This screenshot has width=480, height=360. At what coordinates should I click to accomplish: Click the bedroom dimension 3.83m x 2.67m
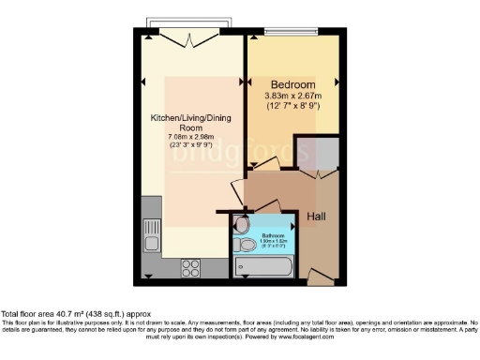(x=293, y=95)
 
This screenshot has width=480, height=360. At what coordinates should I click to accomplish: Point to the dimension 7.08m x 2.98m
(x=191, y=137)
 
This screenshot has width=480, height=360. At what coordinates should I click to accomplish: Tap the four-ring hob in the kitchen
(x=191, y=264)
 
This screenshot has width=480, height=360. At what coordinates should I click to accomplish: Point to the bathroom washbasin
(x=241, y=225)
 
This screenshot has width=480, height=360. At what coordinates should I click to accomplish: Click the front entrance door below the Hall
(x=320, y=278)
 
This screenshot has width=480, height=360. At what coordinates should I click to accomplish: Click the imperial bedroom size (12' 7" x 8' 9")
(x=293, y=105)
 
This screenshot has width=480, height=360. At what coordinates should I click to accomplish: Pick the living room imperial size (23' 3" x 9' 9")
(x=191, y=146)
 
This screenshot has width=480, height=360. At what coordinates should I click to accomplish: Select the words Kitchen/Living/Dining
(x=191, y=118)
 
